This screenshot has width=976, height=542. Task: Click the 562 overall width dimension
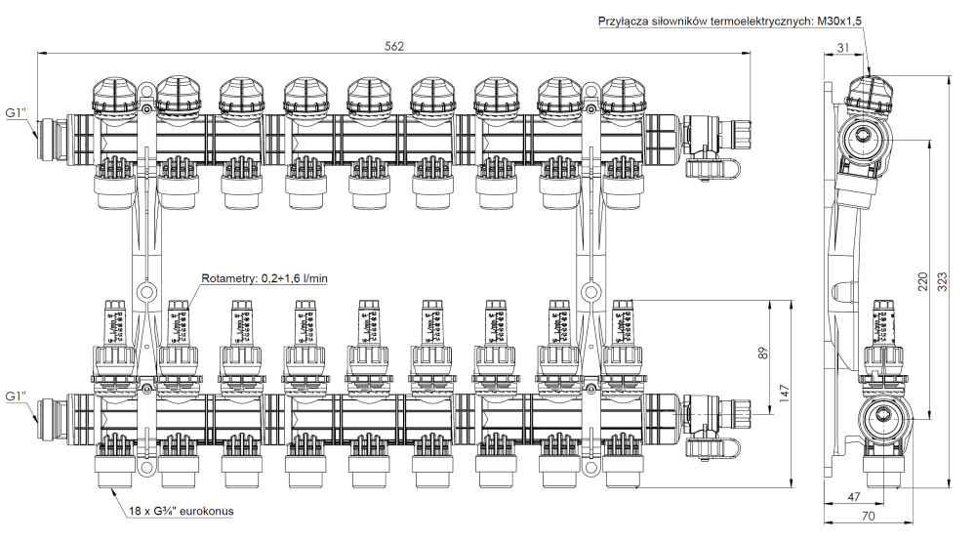click(394, 45)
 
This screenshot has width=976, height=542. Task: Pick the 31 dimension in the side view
click(842, 48)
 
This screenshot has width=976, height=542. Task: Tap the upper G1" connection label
click(16, 113)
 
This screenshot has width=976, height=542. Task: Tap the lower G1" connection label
click(16, 397)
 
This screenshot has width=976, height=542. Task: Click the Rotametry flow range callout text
click(264, 279)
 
